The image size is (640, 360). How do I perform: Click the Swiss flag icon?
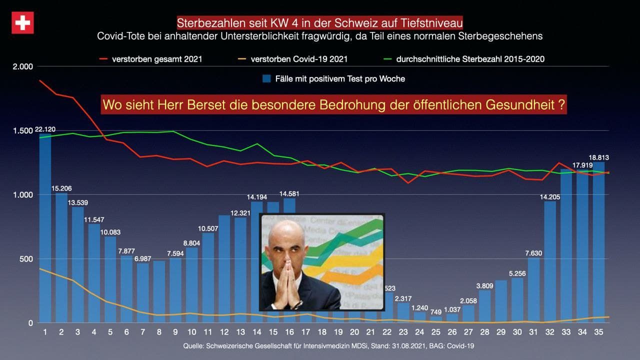[x=22, y=23]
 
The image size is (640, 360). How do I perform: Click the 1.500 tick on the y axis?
[x=23, y=130]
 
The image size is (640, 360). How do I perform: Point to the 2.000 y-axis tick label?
[x=23, y=66]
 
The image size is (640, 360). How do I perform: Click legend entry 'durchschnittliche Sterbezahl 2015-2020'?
[x=470, y=59]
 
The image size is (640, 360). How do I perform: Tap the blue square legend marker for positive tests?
[x=266, y=78]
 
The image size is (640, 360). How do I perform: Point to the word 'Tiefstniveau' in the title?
[x=433, y=23]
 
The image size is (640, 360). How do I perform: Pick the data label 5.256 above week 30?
[x=517, y=273]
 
